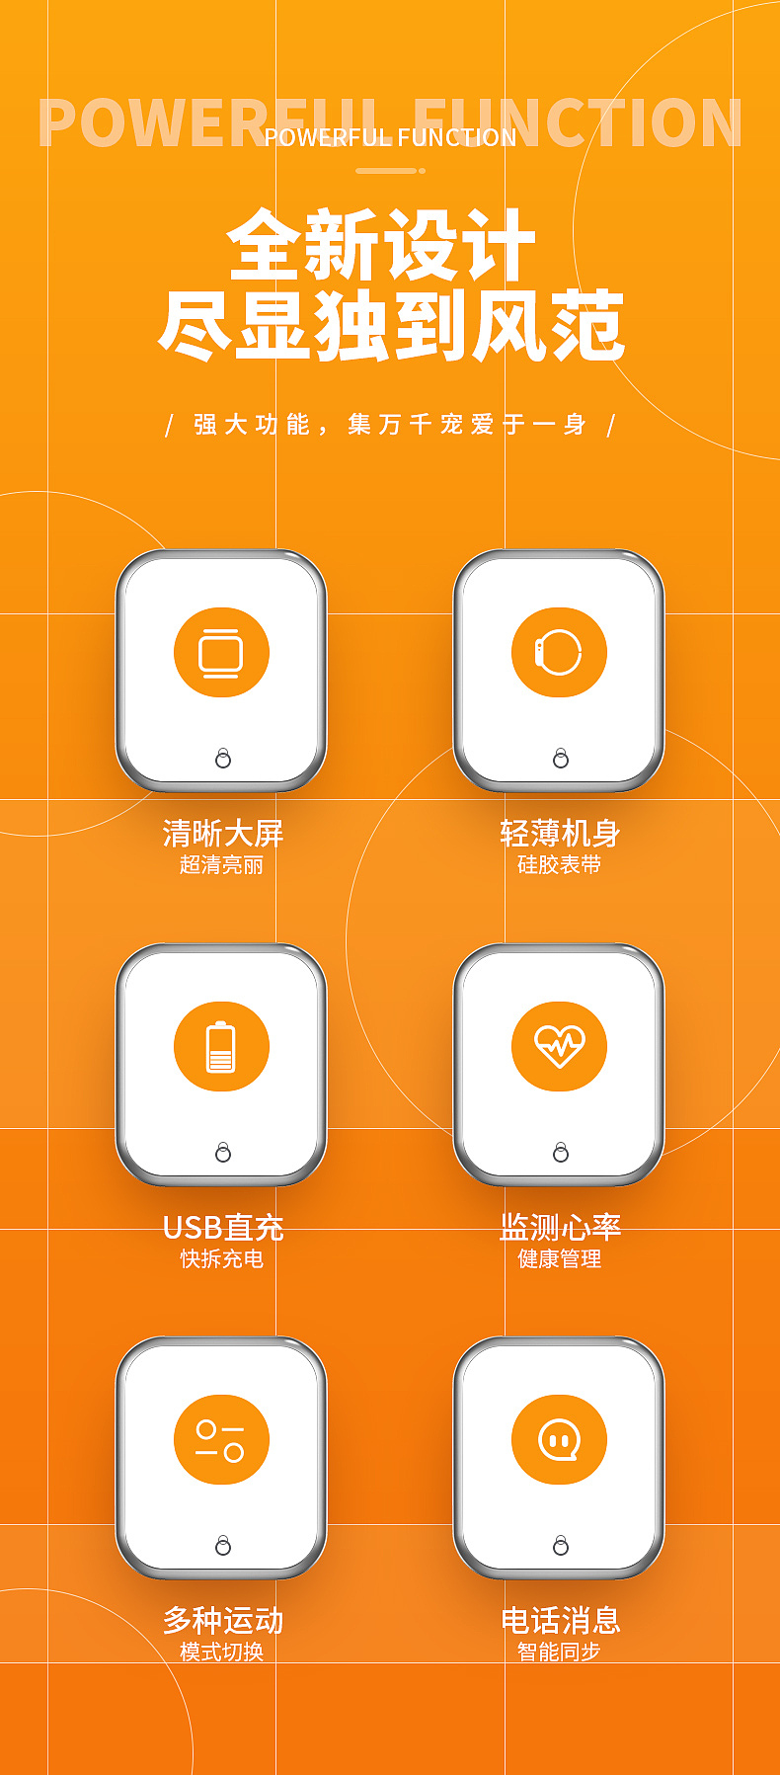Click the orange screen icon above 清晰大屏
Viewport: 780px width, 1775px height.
pyautogui.click(x=221, y=652)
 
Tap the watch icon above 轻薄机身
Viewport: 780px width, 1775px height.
pyautogui.click(x=559, y=652)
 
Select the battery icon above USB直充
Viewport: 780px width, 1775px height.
pyautogui.click(x=221, y=1046)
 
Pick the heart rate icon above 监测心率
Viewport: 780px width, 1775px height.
pyautogui.click(x=559, y=1046)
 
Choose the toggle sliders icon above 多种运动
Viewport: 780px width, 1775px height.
pyautogui.click(x=221, y=1439)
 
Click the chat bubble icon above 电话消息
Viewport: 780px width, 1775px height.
pyautogui.click(x=559, y=1439)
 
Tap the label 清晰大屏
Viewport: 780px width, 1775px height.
pyautogui.click(x=223, y=833)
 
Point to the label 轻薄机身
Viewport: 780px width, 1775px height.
pyautogui.click(x=560, y=833)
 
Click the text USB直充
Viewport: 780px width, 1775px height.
pyautogui.click(x=223, y=1227)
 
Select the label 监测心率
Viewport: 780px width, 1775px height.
pyautogui.click(x=560, y=1227)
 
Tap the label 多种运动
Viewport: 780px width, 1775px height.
pyautogui.click(x=223, y=1620)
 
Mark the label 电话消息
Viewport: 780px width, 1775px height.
pyautogui.click(x=560, y=1620)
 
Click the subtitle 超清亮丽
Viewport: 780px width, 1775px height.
pyautogui.click(x=222, y=865)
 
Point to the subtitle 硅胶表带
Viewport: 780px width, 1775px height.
pyautogui.click(x=559, y=865)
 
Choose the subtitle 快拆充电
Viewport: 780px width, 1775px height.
pyautogui.click(x=222, y=1258)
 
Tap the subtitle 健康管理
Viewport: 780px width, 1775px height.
pyautogui.click(x=559, y=1258)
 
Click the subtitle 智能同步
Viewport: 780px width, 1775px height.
pyautogui.click(x=559, y=1652)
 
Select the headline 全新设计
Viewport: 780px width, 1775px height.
pyautogui.click(x=381, y=245)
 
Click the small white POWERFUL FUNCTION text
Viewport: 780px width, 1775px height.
pyautogui.click(x=390, y=137)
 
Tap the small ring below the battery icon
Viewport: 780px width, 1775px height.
pyautogui.click(x=223, y=1152)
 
